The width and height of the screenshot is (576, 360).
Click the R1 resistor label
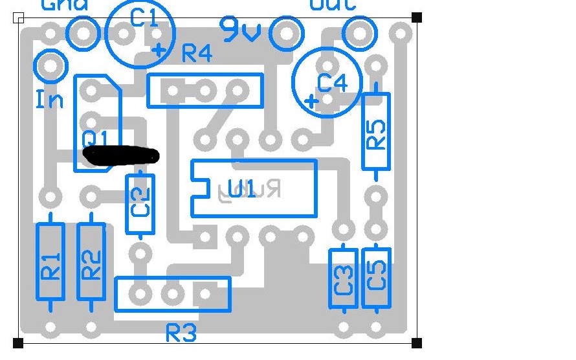pyautogui.click(x=50, y=265)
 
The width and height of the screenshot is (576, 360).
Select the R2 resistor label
pyautogui.click(x=91, y=265)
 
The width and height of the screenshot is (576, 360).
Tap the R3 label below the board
pyautogui.click(x=181, y=333)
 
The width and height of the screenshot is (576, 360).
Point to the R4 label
pyautogui.click(x=197, y=53)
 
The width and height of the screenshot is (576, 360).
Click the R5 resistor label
pyautogui.click(x=375, y=135)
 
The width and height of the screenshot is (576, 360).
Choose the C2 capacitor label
pyautogui.click(x=140, y=202)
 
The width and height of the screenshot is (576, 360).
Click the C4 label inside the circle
pyautogui.click(x=333, y=83)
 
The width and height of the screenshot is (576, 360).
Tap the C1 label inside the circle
pyautogui.click(x=144, y=17)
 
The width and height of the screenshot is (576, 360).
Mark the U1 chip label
pyautogui.click(x=241, y=190)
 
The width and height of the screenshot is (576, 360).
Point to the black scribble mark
pyautogui.click(x=121, y=155)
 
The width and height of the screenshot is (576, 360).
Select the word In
pyautogui.click(x=49, y=100)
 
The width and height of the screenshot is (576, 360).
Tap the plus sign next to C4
pyautogui.click(x=312, y=101)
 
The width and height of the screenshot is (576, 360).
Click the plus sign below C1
pyautogui.click(x=159, y=51)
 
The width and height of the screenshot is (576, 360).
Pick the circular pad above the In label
pyautogui.click(x=52, y=65)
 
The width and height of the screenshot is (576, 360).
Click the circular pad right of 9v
pyautogui.click(x=286, y=33)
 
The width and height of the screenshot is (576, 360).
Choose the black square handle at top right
pyautogui.click(x=417, y=17)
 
